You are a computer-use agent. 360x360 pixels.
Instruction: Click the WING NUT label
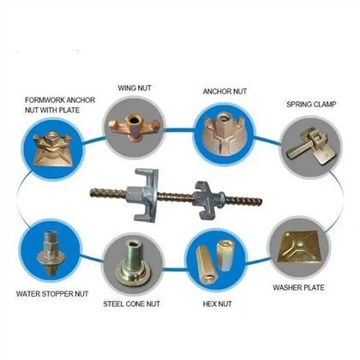(x=135, y=87)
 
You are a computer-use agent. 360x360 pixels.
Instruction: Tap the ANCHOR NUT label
(x=225, y=92)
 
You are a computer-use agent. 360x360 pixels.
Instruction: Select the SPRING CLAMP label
(x=311, y=105)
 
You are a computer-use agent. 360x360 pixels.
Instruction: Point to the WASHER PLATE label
(x=298, y=287)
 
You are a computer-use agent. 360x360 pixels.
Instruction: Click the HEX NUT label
(x=217, y=304)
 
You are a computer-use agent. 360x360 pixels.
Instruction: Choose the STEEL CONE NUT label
(x=131, y=304)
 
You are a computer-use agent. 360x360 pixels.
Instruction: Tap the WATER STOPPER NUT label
(x=52, y=294)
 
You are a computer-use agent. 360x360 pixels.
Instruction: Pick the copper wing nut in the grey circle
(x=134, y=127)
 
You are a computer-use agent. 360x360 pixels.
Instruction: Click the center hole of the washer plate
(x=300, y=244)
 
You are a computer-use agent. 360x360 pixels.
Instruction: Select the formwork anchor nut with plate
(x=52, y=148)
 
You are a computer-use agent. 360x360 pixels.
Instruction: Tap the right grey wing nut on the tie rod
(x=207, y=200)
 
